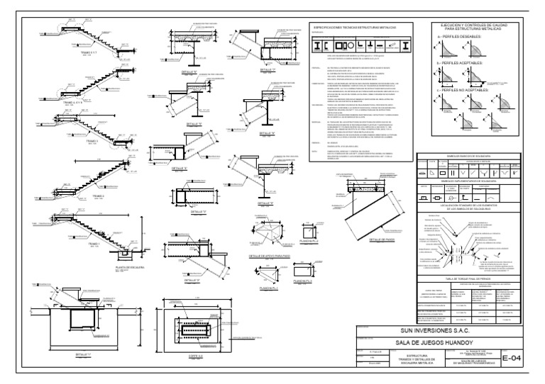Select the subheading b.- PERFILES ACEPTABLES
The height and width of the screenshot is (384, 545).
pyautogui.click(x=463, y=63)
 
